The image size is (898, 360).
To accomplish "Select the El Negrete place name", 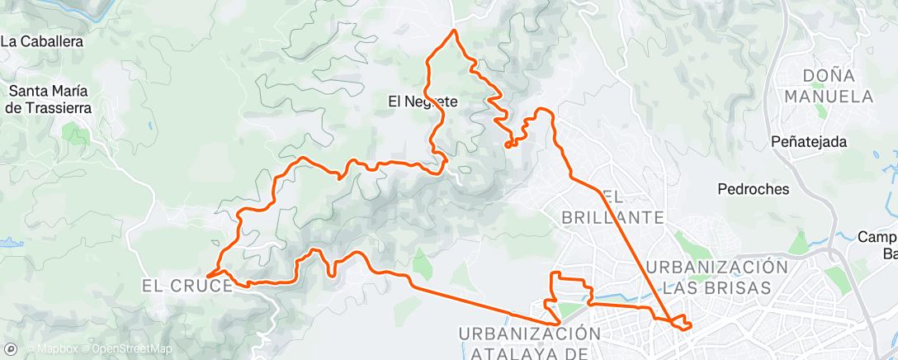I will (423, 102).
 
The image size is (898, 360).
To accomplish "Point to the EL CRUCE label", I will (187, 287).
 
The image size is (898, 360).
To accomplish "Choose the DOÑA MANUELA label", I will (828, 86).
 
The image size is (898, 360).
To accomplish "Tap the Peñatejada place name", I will (811, 142).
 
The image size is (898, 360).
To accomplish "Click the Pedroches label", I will (754, 189).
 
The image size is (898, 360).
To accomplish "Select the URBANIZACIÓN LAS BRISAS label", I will (711, 277).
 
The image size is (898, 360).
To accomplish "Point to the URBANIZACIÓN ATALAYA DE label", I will (529, 343).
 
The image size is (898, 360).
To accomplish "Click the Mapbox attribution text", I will (57, 349).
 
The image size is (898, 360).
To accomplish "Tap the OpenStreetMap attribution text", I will (131, 349).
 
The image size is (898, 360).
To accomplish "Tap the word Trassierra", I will (58, 107).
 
